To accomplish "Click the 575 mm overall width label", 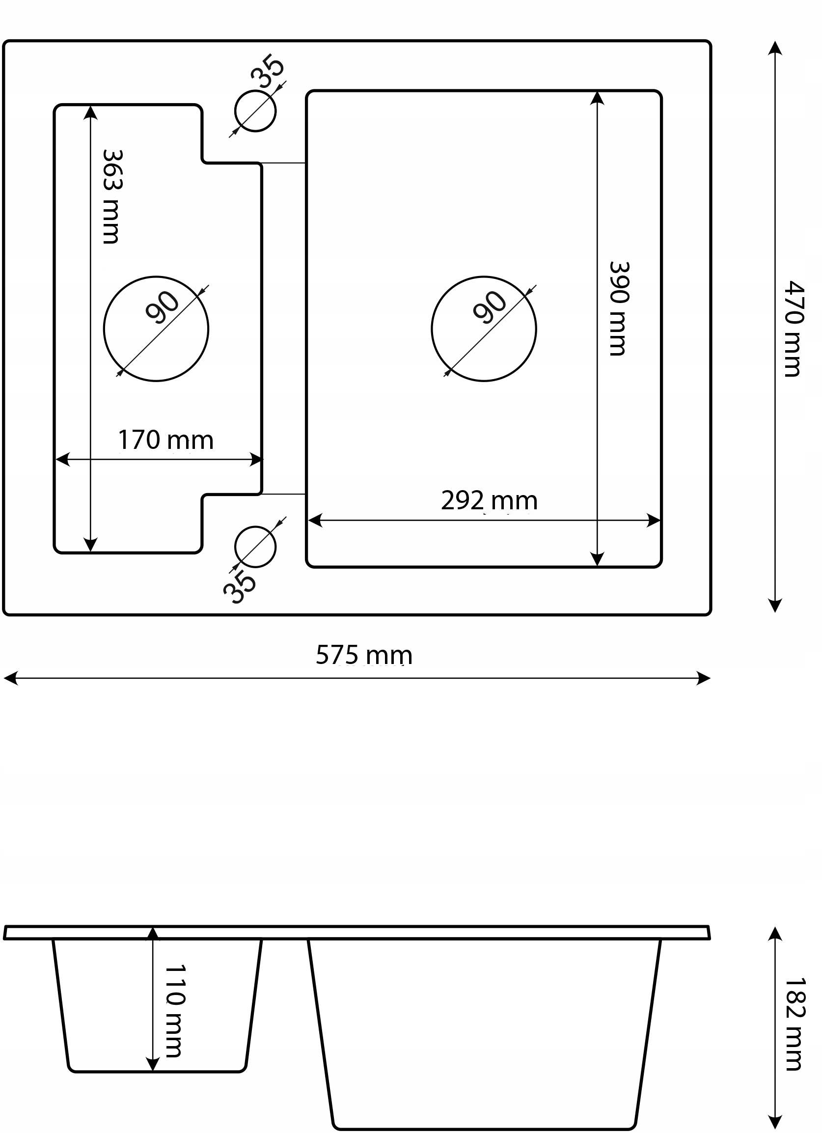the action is (x=364, y=655).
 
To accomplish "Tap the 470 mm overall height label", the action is (x=793, y=328).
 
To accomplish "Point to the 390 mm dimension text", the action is (x=619, y=309).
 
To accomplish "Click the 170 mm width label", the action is (x=165, y=440).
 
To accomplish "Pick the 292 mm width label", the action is (x=489, y=500).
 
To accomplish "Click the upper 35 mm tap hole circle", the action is (x=255, y=111).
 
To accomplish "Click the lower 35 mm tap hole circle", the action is (x=255, y=547).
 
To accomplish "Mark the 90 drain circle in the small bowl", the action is (x=156, y=329).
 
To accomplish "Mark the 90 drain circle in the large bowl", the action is (x=483, y=329).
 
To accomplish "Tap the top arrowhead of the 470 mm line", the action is (x=774, y=48).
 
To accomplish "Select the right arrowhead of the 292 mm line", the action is (x=654, y=521).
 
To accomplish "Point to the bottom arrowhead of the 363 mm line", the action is (x=90, y=545).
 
